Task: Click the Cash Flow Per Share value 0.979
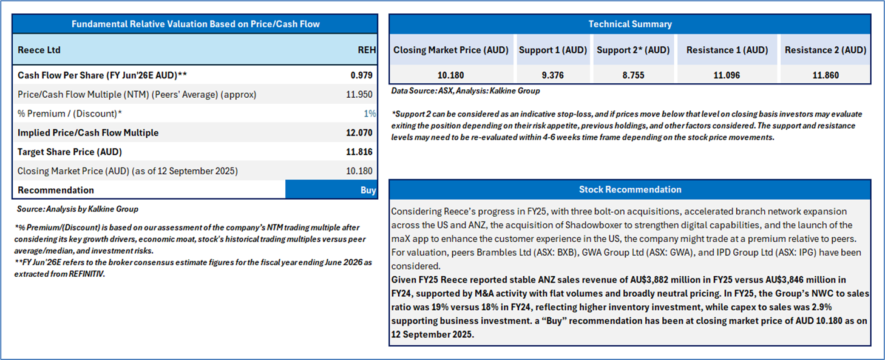[x=361, y=75]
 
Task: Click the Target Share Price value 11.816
[x=359, y=152]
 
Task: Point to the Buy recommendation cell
[x=368, y=190]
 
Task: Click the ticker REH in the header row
[x=367, y=50]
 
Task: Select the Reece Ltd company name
[x=39, y=50]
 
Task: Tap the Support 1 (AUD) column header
[x=552, y=50]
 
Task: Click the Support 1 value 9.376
[x=552, y=75]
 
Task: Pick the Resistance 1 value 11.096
[x=727, y=75]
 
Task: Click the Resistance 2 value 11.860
[x=825, y=75]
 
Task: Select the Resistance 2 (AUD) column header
[x=825, y=50]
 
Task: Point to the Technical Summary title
[x=629, y=24]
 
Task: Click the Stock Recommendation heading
[x=629, y=190]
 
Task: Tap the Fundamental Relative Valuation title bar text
[x=195, y=24]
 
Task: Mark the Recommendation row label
[x=56, y=190]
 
